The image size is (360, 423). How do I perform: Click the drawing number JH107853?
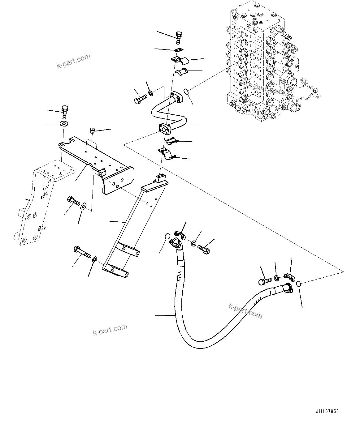(327, 412)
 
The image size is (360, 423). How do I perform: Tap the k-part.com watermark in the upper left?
(73, 61)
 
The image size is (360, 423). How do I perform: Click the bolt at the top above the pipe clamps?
(179, 38)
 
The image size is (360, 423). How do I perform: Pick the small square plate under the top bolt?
(178, 51)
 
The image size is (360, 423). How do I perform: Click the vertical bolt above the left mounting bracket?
(65, 112)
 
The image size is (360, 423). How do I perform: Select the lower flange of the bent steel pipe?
(164, 129)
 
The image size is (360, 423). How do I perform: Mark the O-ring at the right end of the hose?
(299, 284)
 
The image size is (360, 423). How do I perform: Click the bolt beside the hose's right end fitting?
(265, 281)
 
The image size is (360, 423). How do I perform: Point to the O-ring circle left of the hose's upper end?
(167, 236)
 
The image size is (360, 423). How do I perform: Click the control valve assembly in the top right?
(263, 62)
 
